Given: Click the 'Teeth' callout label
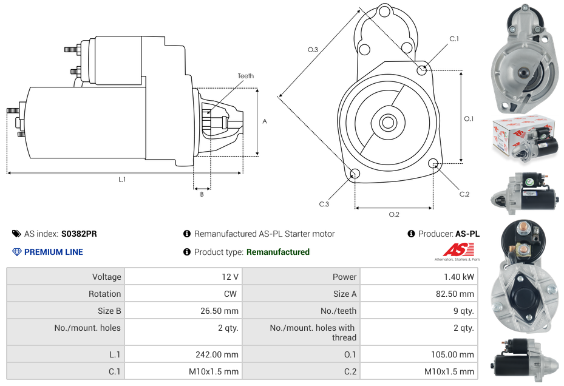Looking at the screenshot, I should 245,76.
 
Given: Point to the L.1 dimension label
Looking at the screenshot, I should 122,179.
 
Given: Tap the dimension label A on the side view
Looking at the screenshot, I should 264,121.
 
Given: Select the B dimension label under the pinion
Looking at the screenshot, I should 202,194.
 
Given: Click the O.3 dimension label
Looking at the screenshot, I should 313,50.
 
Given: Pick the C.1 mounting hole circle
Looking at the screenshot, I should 422,70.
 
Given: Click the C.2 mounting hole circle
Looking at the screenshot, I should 433,163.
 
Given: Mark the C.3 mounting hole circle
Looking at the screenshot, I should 355,175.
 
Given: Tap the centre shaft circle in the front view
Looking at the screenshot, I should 387,123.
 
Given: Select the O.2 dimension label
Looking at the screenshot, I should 394,214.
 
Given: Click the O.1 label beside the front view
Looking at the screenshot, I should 469,119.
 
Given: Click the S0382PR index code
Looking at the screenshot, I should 79,234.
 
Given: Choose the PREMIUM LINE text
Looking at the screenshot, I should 53,252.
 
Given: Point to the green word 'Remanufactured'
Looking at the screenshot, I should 277,252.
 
